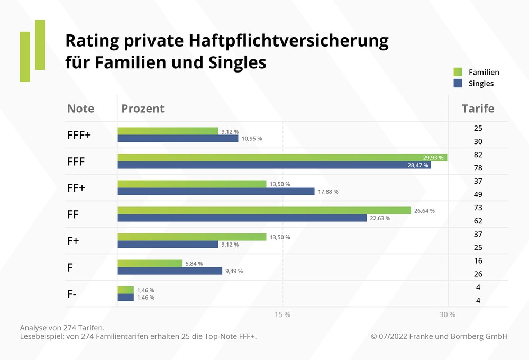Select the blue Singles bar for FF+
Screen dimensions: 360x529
[x=216, y=192]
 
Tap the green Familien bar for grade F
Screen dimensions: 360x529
[x=150, y=263]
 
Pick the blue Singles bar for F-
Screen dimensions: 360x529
[x=125, y=298]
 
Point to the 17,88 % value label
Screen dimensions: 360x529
[x=328, y=192]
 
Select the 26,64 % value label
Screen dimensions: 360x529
[x=424, y=211]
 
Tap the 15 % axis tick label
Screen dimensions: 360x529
[x=282, y=314]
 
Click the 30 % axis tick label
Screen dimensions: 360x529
[x=448, y=314]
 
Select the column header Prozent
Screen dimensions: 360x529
[x=143, y=109]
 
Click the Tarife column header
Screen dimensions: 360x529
[x=478, y=109]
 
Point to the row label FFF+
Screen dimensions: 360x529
[x=79, y=135]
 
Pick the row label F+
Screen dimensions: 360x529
[x=73, y=241]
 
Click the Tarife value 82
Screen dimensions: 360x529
[x=478, y=155]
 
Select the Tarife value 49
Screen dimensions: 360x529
[x=478, y=194]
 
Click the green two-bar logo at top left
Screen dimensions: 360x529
[x=32, y=51]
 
